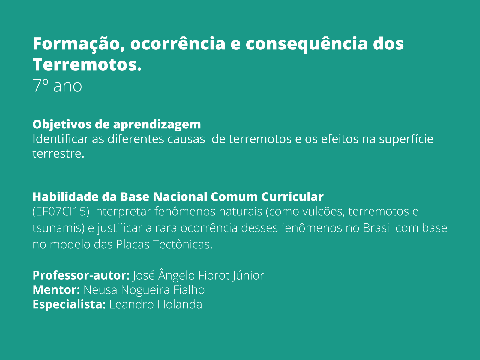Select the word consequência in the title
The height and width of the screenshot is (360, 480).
[x=306, y=44]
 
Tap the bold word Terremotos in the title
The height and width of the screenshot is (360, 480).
[x=87, y=65]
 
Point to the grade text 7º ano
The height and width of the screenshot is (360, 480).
[x=57, y=86]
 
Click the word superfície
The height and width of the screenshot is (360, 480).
[x=406, y=139]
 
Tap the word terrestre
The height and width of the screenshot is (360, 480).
[x=58, y=154]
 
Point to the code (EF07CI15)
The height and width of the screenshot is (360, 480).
[x=61, y=212]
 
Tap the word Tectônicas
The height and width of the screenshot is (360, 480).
[x=183, y=245]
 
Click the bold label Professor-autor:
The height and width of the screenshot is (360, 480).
[x=81, y=275]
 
